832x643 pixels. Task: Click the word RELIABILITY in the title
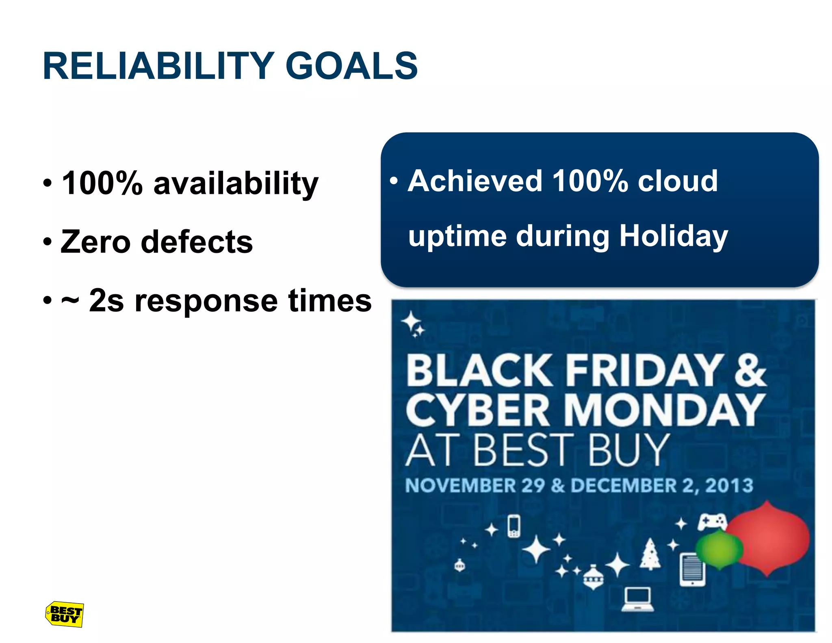[158, 66]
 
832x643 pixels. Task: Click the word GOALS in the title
[351, 66]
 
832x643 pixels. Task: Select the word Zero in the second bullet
[95, 242]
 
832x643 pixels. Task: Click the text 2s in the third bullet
[106, 301]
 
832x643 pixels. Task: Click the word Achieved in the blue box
[475, 181]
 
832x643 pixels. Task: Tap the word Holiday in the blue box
[673, 237]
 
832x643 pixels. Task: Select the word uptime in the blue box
[457, 237]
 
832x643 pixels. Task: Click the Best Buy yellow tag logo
[64, 614]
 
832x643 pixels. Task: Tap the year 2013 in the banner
[729, 485]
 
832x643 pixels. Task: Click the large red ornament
[768, 539]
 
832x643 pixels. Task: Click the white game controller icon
[712, 522]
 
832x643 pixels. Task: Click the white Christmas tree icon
[650, 555]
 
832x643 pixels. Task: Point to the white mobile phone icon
[514, 526]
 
